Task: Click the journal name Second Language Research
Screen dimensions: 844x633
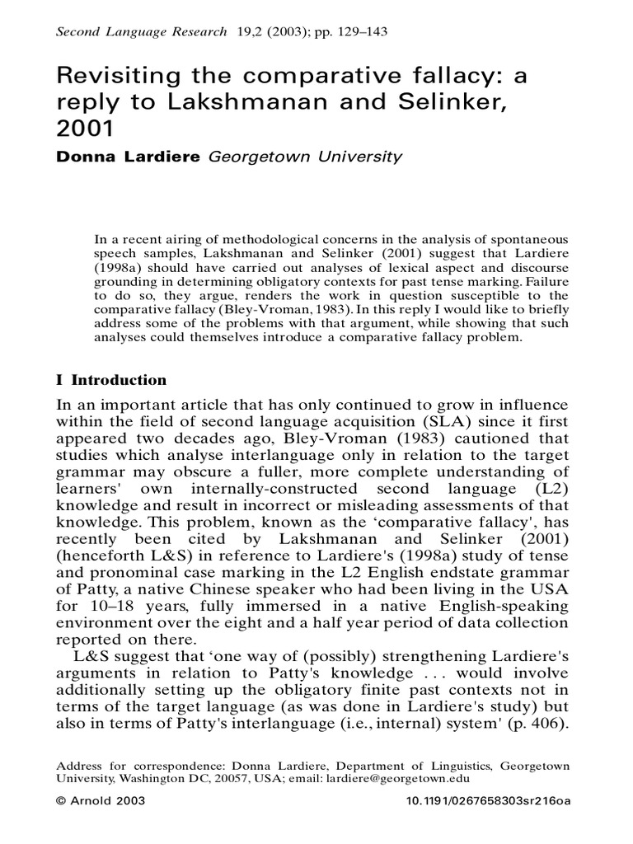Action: (x=140, y=32)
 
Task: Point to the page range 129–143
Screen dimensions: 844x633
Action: (x=359, y=32)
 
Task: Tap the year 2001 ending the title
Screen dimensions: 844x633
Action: (x=82, y=130)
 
